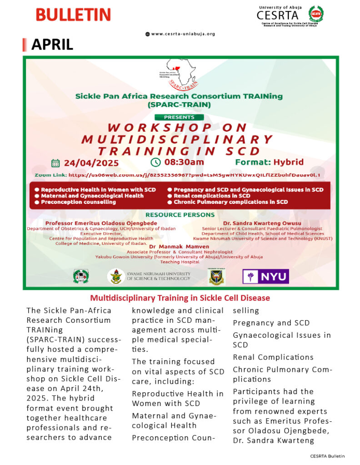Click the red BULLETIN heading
pos(73,15)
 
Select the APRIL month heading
pos(52,45)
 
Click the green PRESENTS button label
pos(179,117)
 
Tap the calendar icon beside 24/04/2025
pos(56,163)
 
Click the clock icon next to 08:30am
pos(155,162)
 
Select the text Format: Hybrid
pos(269,162)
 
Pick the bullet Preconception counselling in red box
pos(78,202)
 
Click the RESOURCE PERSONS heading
pos(180,214)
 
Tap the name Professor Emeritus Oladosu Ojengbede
pos(101,223)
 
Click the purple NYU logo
pos(265,276)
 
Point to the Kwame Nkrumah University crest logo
pos(116,276)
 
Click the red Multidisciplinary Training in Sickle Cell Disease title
pos(180,298)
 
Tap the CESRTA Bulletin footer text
pos(327,455)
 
